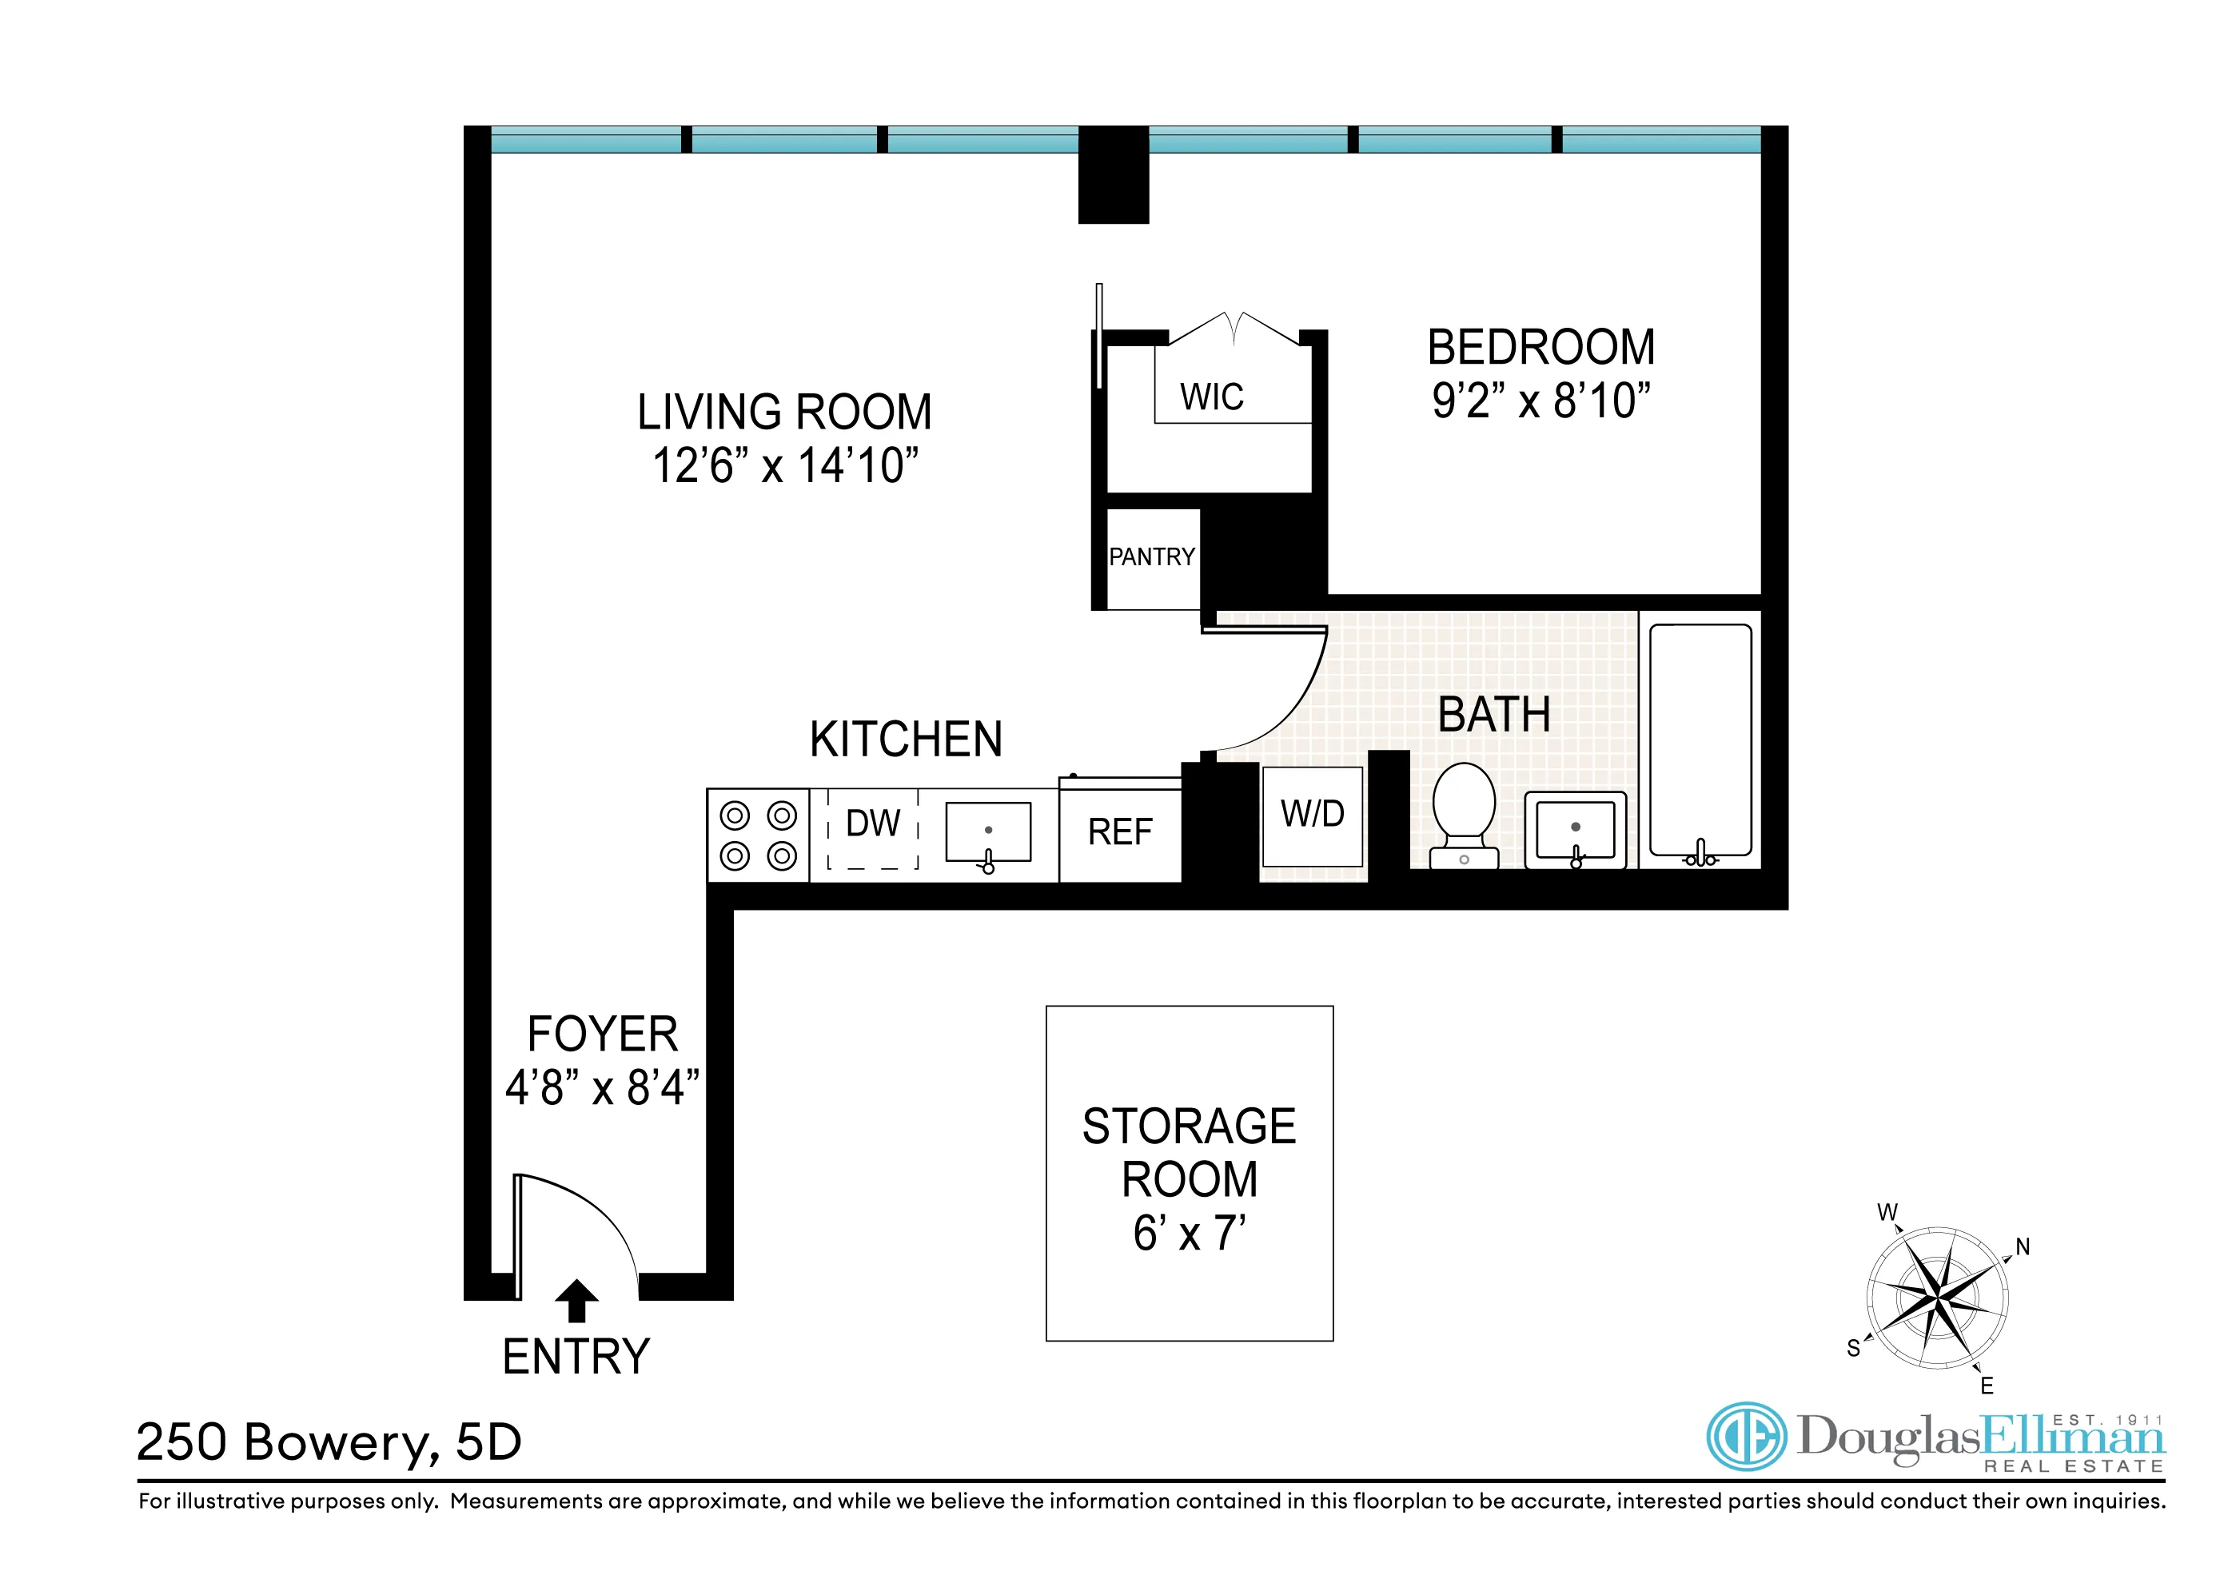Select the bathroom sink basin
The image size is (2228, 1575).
coord(1575,830)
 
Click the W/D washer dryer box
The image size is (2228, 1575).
coord(1312,815)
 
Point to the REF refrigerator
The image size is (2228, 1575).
coord(1120,832)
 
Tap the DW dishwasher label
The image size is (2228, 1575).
coord(872,824)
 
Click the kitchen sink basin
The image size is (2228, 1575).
coord(988,831)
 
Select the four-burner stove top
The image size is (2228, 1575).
coord(758,835)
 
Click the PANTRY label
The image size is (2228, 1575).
coord(1152,557)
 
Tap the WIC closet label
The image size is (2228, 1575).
coord(1211,397)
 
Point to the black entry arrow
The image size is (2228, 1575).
coord(576,1300)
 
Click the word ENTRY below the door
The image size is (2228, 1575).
coord(576,1357)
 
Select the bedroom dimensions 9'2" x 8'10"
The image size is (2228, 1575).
coord(1541,400)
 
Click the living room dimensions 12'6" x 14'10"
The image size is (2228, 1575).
coord(785,466)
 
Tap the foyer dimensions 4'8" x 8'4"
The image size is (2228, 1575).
coord(602,1088)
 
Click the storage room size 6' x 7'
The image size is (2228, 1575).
coord(1189,1234)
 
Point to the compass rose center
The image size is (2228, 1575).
coord(1937,1298)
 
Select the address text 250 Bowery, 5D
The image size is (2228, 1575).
coord(329,1442)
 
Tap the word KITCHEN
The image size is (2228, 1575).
coord(906,740)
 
